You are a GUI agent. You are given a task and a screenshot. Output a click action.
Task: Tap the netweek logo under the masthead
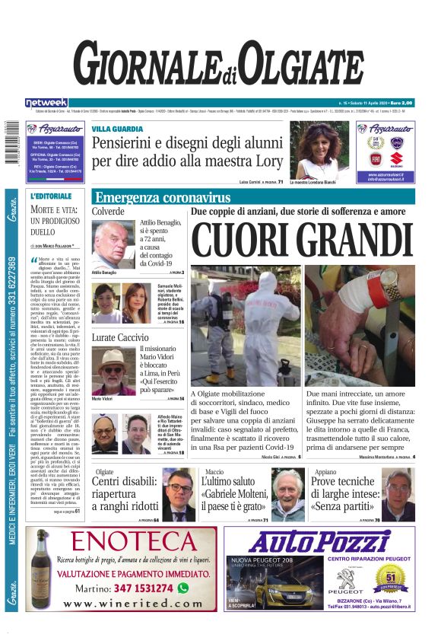[46, 102]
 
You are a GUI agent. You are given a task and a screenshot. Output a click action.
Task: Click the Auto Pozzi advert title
[329, 542]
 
